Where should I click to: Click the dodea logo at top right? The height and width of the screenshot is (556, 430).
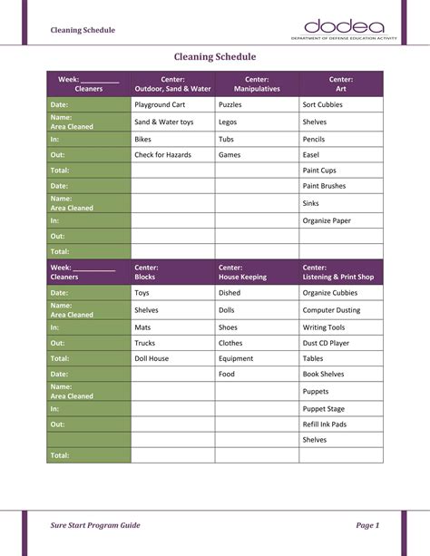pos(345,29)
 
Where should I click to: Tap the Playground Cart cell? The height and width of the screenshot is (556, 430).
pos(160,105)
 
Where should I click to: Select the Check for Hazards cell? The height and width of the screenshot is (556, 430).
pos(162,155)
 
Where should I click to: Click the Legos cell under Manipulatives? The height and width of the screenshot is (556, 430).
pos(228,122)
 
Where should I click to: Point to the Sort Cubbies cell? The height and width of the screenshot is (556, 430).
pos(322,105)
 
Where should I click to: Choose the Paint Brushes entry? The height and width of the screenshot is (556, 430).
pos(324,186)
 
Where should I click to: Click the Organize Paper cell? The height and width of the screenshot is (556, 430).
pos(327,220)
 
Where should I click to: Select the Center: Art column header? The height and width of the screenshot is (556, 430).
pos(341,84)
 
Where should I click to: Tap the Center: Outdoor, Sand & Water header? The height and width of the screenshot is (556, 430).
pos(172,84)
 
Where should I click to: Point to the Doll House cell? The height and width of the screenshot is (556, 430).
pos(151,358)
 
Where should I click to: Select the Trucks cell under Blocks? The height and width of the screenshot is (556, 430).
pos(145,344)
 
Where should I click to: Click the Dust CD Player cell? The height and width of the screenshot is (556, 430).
pos(326,344)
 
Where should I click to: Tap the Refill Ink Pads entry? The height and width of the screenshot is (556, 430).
pos(325,424)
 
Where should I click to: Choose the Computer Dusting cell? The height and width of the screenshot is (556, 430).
pos(331,310)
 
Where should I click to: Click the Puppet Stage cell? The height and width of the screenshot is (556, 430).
pos(323,409)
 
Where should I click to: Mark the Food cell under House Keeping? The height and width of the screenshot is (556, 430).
pos(227,374)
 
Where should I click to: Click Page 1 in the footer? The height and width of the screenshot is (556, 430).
pos(367,525)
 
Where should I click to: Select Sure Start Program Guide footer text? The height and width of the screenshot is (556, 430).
pos(95,525)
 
